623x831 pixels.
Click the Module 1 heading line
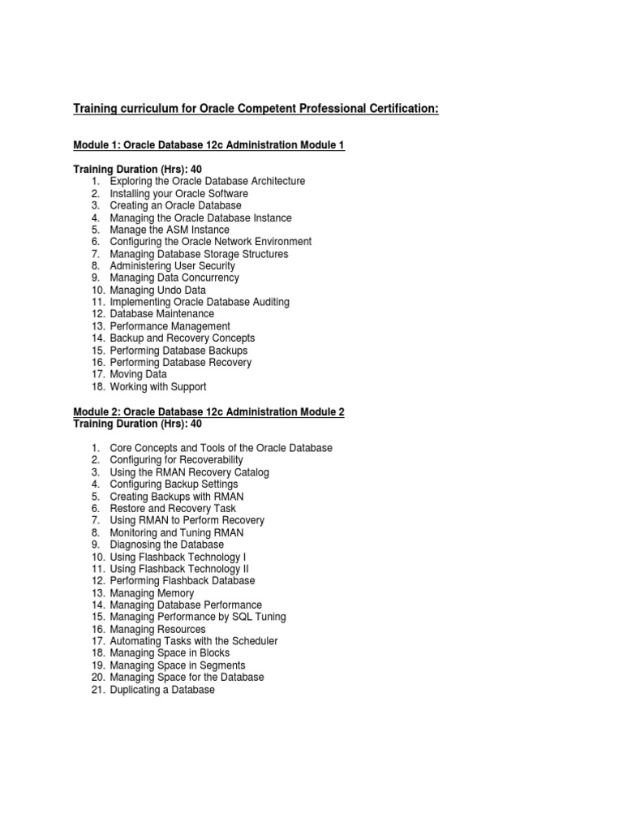(x=209, y=144)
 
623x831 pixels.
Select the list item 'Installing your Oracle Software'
(x=178, y=194)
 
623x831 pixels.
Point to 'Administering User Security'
(x=172, y=265)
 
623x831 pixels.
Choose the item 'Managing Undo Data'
(x=157, y=290)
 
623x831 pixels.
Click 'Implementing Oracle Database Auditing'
(x=200, y=302)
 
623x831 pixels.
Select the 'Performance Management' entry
(x=170, y=326)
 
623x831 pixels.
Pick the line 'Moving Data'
(x=138, y=374)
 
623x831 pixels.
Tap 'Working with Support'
(x=157, y=387)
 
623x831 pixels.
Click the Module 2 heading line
(x=209, y=412)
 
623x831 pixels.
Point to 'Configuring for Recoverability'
(x=176, y=460)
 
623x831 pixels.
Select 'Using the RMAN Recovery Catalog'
(x=189, y=472)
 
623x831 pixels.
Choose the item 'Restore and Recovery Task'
(x=173, y=508)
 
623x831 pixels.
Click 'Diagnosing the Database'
(x=166, y=545)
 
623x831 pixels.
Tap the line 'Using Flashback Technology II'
(x=179, y=569)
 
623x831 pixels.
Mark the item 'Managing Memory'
(x=152, y=593)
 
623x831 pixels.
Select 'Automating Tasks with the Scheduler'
(x=193, y=641)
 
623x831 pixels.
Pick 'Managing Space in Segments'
(x=177, y=665)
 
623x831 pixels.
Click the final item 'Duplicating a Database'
(x=162, y=690)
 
